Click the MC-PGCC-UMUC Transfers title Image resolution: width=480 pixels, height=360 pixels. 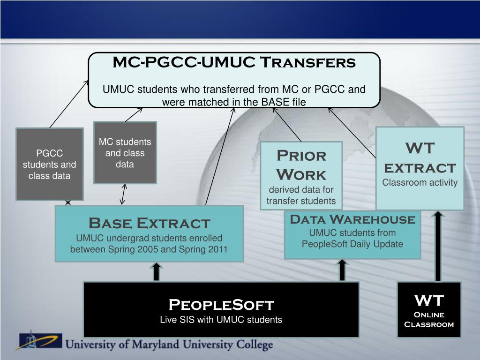[234, 62]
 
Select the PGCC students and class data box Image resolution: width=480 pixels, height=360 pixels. [50, 164]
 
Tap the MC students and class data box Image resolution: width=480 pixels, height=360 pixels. [125, 152]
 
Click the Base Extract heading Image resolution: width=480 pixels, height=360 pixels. [150, 223]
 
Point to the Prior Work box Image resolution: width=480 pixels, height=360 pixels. [301, 176]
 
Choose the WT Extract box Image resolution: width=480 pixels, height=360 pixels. [420, 168]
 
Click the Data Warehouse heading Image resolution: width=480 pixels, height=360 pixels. [352, 219]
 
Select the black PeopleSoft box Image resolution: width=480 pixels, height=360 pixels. [221, 309]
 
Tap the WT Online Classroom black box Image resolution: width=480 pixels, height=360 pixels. [429, 309]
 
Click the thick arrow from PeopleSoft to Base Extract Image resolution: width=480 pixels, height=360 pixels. [157, 272]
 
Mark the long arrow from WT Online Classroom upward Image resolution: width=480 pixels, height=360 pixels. [438, 246]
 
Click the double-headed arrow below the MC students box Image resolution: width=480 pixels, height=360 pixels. [123, 194]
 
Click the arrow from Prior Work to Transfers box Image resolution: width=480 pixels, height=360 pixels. [287, 125]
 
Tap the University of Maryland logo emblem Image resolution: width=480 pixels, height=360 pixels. [38, 340]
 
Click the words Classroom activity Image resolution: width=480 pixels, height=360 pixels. [420, 182]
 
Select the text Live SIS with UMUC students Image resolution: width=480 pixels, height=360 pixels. [221, 320]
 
